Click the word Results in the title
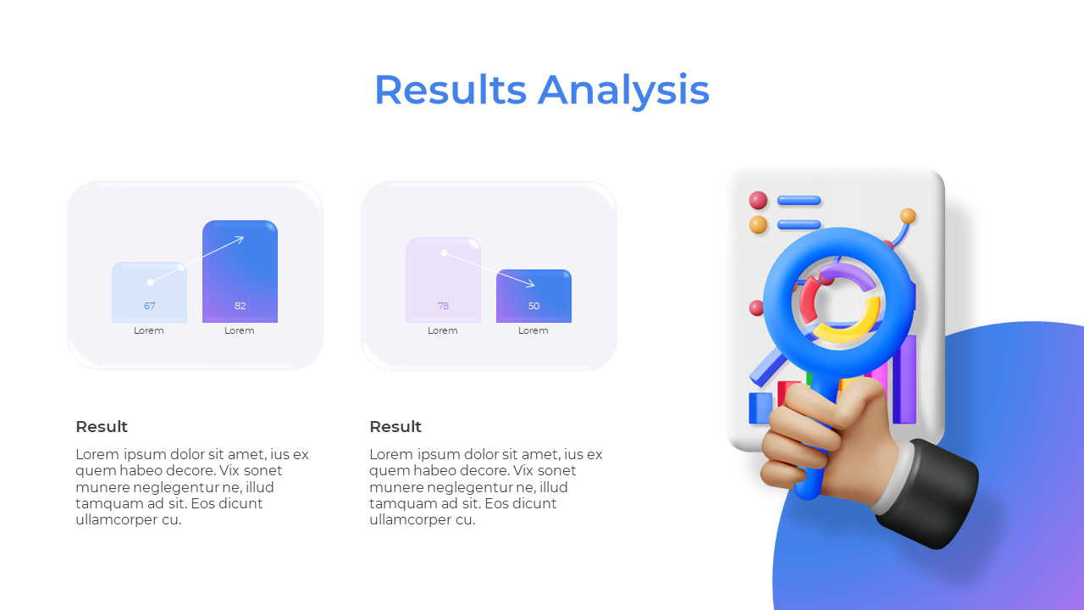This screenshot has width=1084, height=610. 450,90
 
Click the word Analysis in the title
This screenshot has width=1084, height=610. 623,90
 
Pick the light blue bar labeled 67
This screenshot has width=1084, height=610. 149,292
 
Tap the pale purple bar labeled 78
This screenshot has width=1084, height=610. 443,280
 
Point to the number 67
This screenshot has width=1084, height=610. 149,306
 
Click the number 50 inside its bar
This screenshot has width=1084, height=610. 534,306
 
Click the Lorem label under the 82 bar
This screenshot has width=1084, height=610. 240,330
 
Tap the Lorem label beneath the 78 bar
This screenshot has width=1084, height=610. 443,330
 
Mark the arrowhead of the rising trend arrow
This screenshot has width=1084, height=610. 241,239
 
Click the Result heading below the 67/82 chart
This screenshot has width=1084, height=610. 102,426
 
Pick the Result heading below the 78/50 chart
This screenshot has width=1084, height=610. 395,426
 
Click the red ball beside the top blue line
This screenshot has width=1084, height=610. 758,200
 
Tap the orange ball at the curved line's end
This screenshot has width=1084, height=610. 908,215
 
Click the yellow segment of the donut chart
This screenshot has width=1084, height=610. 847,330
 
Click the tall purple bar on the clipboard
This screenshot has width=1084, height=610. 904,377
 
